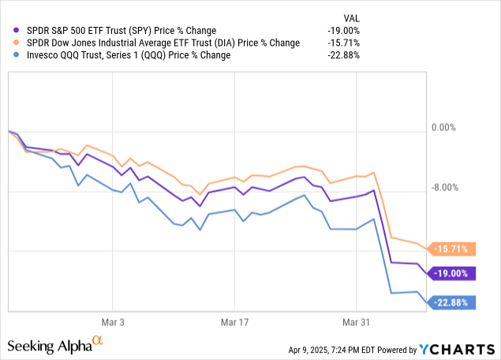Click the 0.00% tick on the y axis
pyautogui.click(x=445, y=127)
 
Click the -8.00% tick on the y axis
pyautogui.click(x=445, y=188)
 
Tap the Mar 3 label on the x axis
pyautogui.click(x=113, y=322)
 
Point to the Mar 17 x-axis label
pyautogui.click(x=234, y=322)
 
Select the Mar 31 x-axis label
pyautogui.click(x=356, y=322)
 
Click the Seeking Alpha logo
pyautogui.click(x=55, y=345)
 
